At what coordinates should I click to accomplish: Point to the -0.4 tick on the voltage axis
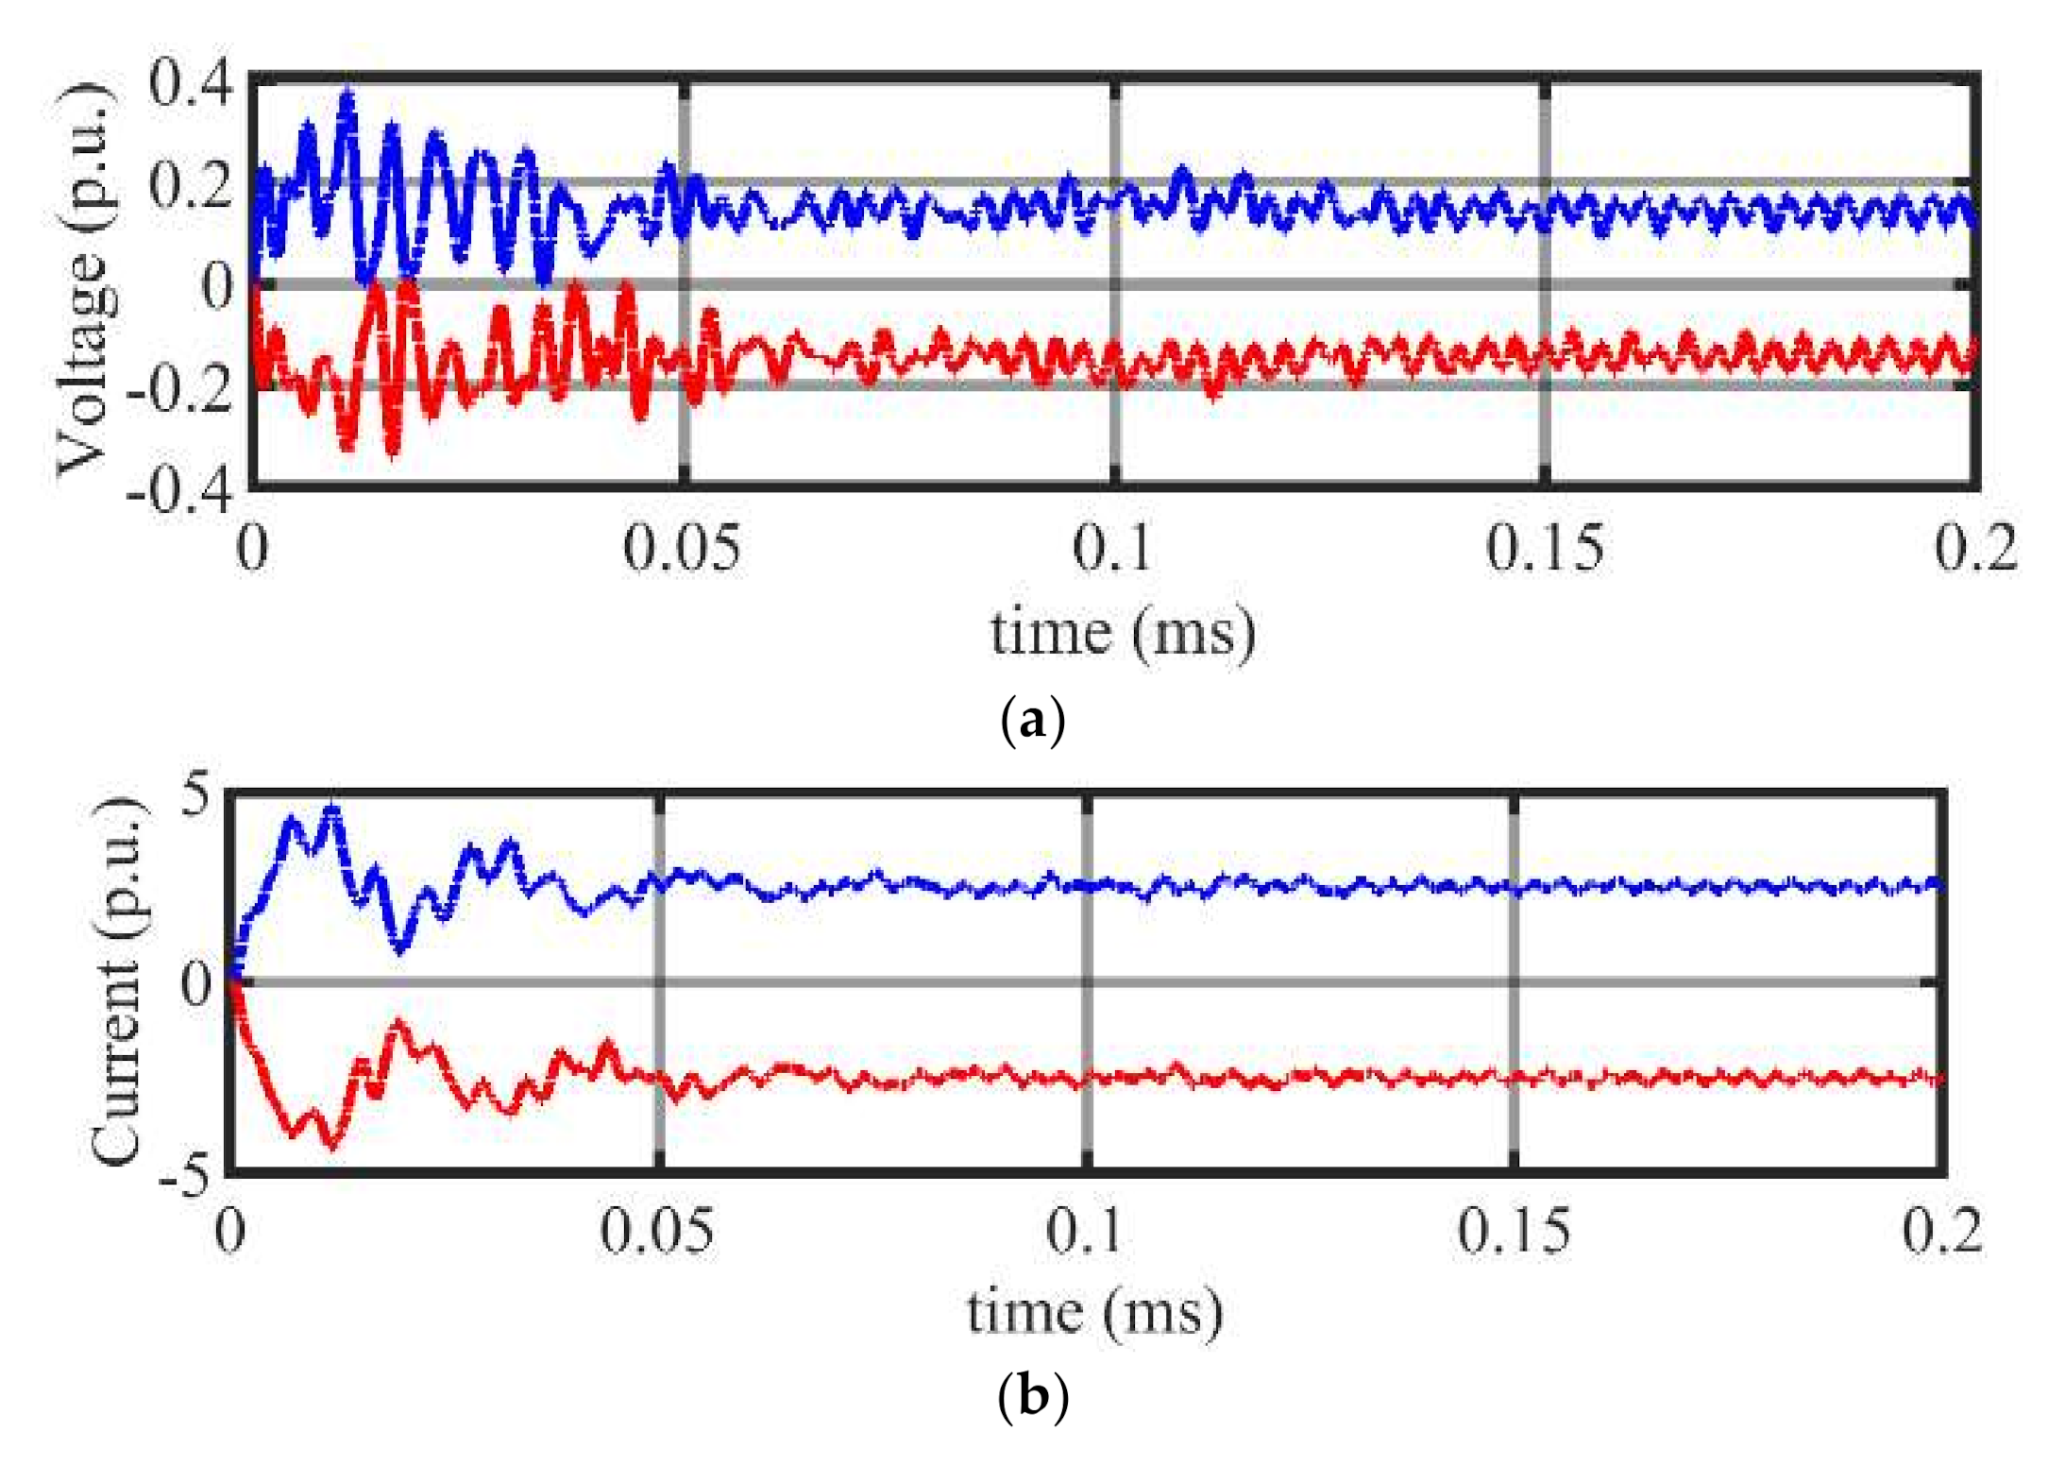point(179,492)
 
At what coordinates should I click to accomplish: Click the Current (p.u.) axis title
point(117,982)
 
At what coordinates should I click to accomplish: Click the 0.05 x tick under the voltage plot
point(682,548)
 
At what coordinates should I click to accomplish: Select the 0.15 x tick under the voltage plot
point(1545,548)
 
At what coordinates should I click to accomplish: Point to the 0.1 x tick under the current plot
point(1086,1232)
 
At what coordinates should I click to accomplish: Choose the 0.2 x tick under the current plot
point(1941,1232)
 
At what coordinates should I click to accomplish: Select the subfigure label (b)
point(1032,1396)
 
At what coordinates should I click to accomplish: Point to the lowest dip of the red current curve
point(331,1145)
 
